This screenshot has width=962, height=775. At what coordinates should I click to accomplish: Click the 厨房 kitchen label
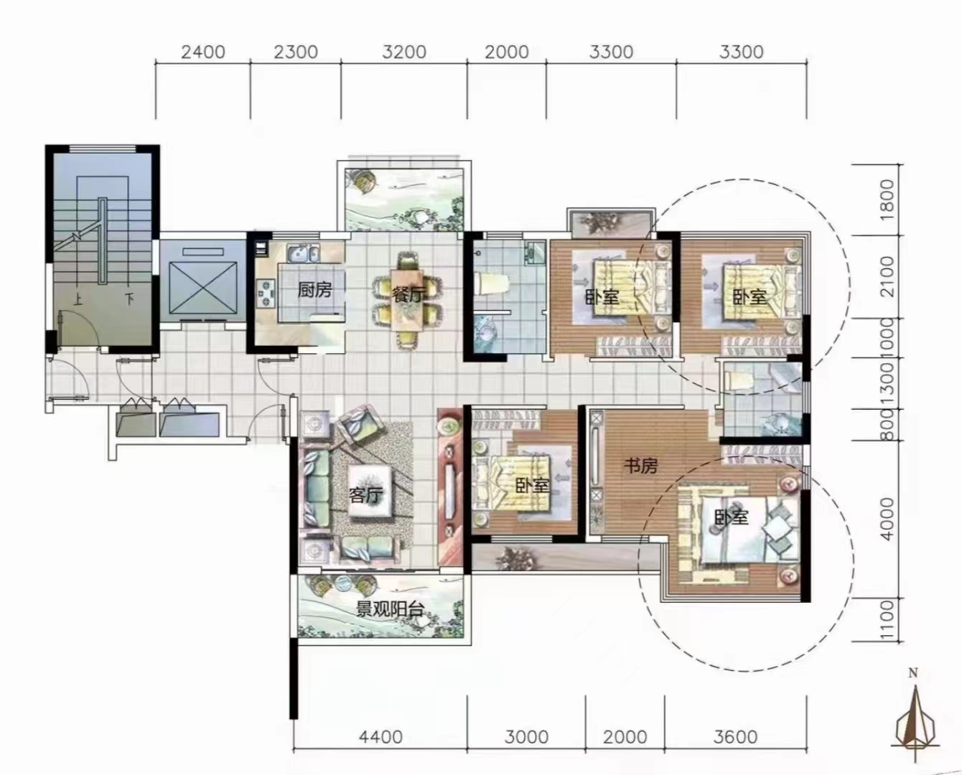[315, 291]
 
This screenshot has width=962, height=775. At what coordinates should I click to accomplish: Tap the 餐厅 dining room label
[408, 294]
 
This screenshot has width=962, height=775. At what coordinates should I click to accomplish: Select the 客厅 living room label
[365, 494]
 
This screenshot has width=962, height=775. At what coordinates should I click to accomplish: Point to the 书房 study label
[641, 466]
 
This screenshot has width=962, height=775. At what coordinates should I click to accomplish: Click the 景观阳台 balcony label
[390, 609]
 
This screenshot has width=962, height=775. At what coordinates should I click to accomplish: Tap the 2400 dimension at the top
[203, 52]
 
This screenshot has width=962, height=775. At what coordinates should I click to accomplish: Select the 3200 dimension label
[404, 52]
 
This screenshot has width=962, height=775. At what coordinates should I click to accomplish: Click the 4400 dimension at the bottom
[380, 737]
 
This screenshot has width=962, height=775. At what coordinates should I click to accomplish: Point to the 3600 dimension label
[735, 737]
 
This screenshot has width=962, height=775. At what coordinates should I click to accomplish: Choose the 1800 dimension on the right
[887, 199]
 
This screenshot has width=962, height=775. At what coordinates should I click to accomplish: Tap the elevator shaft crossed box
[203, 287]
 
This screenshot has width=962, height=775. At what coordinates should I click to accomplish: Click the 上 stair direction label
[79, 299]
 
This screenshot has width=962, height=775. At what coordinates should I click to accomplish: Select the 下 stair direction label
[129, 299]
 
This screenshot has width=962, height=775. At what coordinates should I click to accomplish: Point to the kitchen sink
[303, 253]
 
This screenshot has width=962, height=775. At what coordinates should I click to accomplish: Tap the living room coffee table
[370, 491]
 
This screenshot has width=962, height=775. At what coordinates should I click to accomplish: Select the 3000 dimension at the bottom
[526, 737]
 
